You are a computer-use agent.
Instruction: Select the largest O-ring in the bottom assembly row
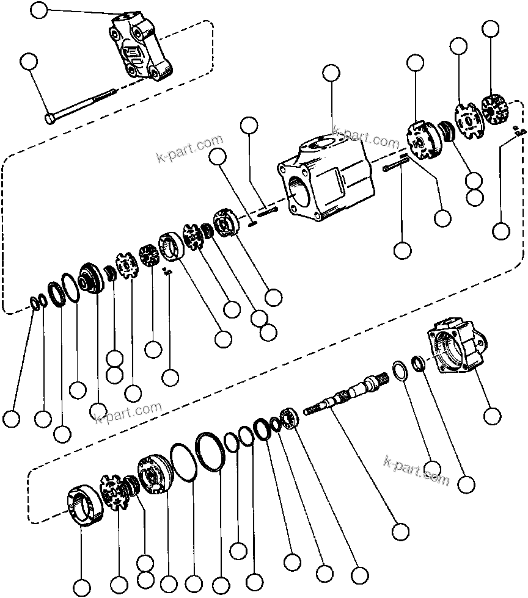pyautogui.click(x=209, y=452)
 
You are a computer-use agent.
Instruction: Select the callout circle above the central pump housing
pyautogui.click(x=331, y=73)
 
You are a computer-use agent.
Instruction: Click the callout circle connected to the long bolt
pyautogui.click(x=28, y=60)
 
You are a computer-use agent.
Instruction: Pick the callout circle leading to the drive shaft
pyautogui.click(x=400, y=530)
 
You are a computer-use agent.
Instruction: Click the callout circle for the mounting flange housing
pyautogui.click(x=491, y=416)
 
